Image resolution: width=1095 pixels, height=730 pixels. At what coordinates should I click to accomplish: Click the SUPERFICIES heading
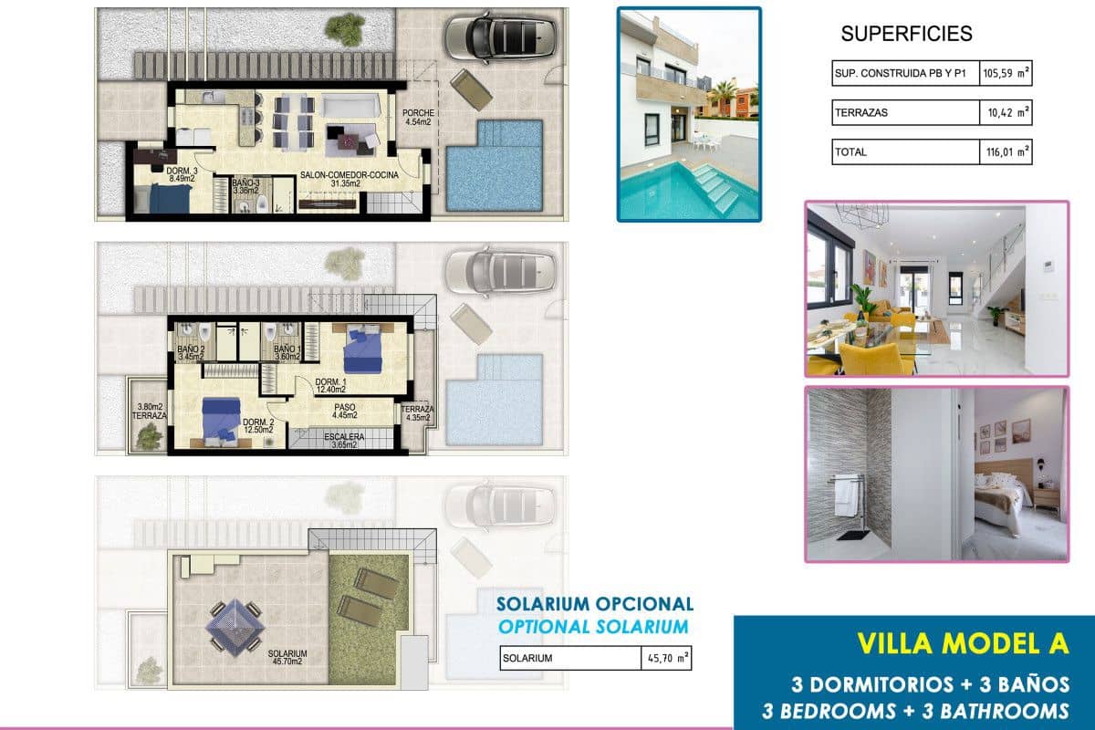[x=906, y=35]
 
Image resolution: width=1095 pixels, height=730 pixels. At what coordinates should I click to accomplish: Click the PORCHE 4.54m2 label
[x=421, y=117]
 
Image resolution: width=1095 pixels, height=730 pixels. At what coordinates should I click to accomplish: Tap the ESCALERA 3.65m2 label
[x=344, y=441]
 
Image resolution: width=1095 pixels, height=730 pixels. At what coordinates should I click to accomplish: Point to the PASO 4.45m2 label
[x=344, y=413]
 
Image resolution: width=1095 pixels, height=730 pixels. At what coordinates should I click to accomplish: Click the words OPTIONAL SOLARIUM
[x=594, y=626]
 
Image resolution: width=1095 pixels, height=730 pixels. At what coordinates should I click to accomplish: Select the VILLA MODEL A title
[x=962, y=643]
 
